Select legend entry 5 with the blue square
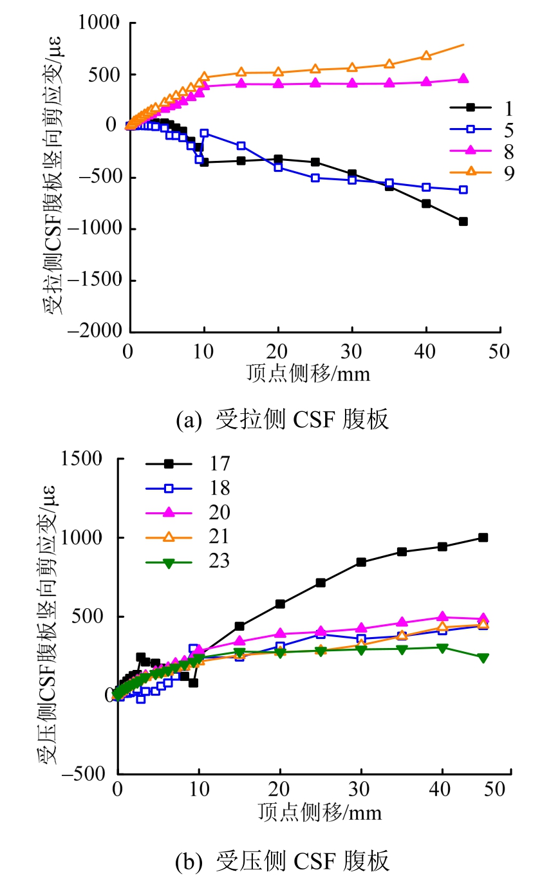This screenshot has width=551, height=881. [494, 129]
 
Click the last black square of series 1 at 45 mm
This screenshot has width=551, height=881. [463, 221]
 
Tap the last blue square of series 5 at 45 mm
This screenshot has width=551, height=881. [463, 190]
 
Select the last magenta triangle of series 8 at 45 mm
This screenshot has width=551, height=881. [463, 79]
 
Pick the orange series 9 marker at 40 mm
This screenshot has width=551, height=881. [426, 55]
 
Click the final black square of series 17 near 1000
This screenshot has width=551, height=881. [483, 537]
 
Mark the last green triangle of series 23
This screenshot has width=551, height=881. [483, 658]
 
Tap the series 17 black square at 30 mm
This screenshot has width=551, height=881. [361, 562]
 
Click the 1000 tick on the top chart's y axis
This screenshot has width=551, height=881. [102, 23]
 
